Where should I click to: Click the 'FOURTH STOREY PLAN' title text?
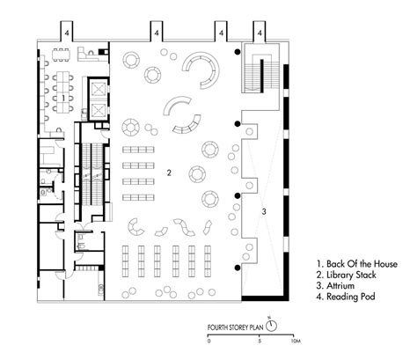(x=235, y=327)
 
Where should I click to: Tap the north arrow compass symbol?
(x=272, y=325)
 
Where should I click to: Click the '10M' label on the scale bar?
(x=296, y=342)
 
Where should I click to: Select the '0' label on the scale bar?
(x=208, y=342)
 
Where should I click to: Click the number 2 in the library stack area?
(x=169, y=173)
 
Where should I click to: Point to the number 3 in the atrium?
(x=264, y=211)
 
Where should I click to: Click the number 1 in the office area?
(x=63, y=99)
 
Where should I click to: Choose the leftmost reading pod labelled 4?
(x=67, y=31)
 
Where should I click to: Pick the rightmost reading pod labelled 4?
(x=260, y=31)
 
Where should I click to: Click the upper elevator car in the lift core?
(x=98, y=89)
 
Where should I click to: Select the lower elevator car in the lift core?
(x=98, y=110)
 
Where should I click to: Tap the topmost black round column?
(x=238, y=52)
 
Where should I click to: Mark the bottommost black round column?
(x=238, y=268)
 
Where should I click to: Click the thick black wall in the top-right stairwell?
(x=262, y=74)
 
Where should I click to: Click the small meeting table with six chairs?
(x=62, y=55)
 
